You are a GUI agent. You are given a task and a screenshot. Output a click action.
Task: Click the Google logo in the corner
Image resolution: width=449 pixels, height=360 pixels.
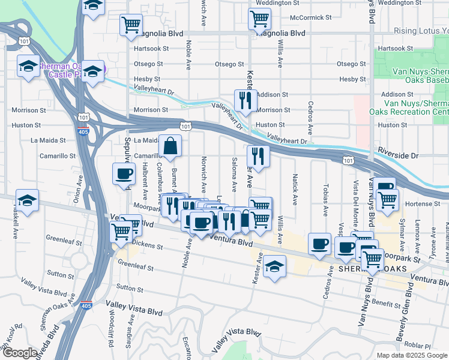(19, 353)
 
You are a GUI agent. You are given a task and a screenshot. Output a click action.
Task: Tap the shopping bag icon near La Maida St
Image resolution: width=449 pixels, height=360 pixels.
(170, 145)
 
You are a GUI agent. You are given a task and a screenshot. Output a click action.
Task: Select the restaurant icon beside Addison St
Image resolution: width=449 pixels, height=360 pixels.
(246, 100)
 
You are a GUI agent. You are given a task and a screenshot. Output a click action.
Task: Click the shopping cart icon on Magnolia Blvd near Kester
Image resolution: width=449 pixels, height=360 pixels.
(259, 19)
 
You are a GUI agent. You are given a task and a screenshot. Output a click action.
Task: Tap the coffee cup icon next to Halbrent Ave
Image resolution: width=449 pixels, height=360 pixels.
(124, 173)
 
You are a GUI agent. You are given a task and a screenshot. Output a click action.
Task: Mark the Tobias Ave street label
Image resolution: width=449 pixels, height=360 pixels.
(326, 200)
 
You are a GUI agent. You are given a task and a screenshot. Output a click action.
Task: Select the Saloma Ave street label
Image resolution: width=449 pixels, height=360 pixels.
(233, 172)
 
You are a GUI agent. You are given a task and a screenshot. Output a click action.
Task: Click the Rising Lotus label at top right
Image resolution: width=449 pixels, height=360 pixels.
(421, 31)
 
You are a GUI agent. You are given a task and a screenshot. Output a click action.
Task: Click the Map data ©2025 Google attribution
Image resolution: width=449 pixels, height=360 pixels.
(411, 355)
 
